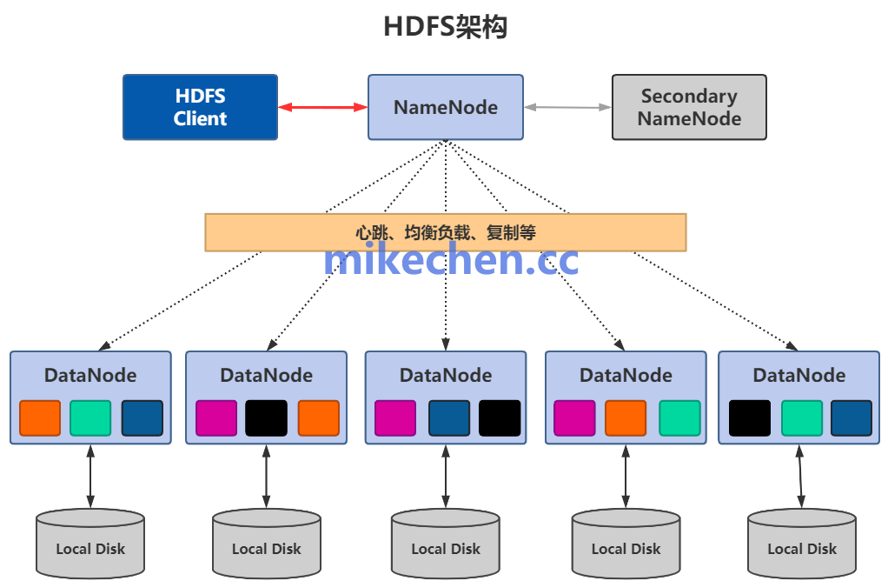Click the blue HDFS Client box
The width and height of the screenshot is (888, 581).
pos(200,107)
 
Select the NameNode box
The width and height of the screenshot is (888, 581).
pos(445,107)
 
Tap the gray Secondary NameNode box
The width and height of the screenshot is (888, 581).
pos(689,107)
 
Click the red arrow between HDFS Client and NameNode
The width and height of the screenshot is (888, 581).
pos(322,107)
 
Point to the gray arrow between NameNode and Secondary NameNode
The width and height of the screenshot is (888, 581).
pos(567,107)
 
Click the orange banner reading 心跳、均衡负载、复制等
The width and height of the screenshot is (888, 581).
pos(445,232)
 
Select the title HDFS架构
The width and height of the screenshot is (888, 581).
pos(445,27)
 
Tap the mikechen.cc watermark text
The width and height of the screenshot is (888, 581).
pos(450,260)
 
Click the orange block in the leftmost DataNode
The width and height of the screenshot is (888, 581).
pos(40,418)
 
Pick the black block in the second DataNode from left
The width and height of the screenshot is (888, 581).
pos(266,418)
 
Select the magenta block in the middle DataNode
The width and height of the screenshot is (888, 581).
pos(395,418)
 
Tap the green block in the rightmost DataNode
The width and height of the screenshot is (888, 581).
pos(801,418)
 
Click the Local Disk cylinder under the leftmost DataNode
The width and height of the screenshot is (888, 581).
pos(90,544)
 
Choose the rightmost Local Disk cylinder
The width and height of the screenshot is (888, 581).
pos(801,544)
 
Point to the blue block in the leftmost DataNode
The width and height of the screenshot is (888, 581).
pos(142,418)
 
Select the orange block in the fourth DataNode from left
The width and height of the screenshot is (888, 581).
pos(626,418)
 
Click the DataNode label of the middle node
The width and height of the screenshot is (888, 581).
pos(446,376)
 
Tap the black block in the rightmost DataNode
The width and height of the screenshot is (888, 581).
pos(749,418)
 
